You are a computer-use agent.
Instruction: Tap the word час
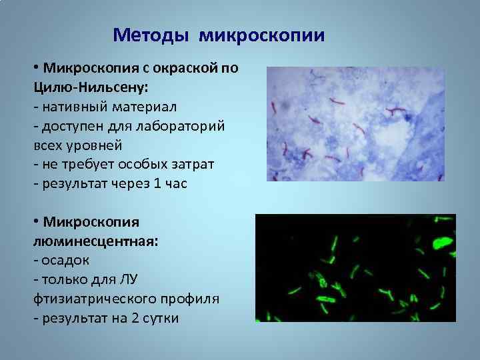tap(177, 183)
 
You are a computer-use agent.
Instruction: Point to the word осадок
tap(65, 261)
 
